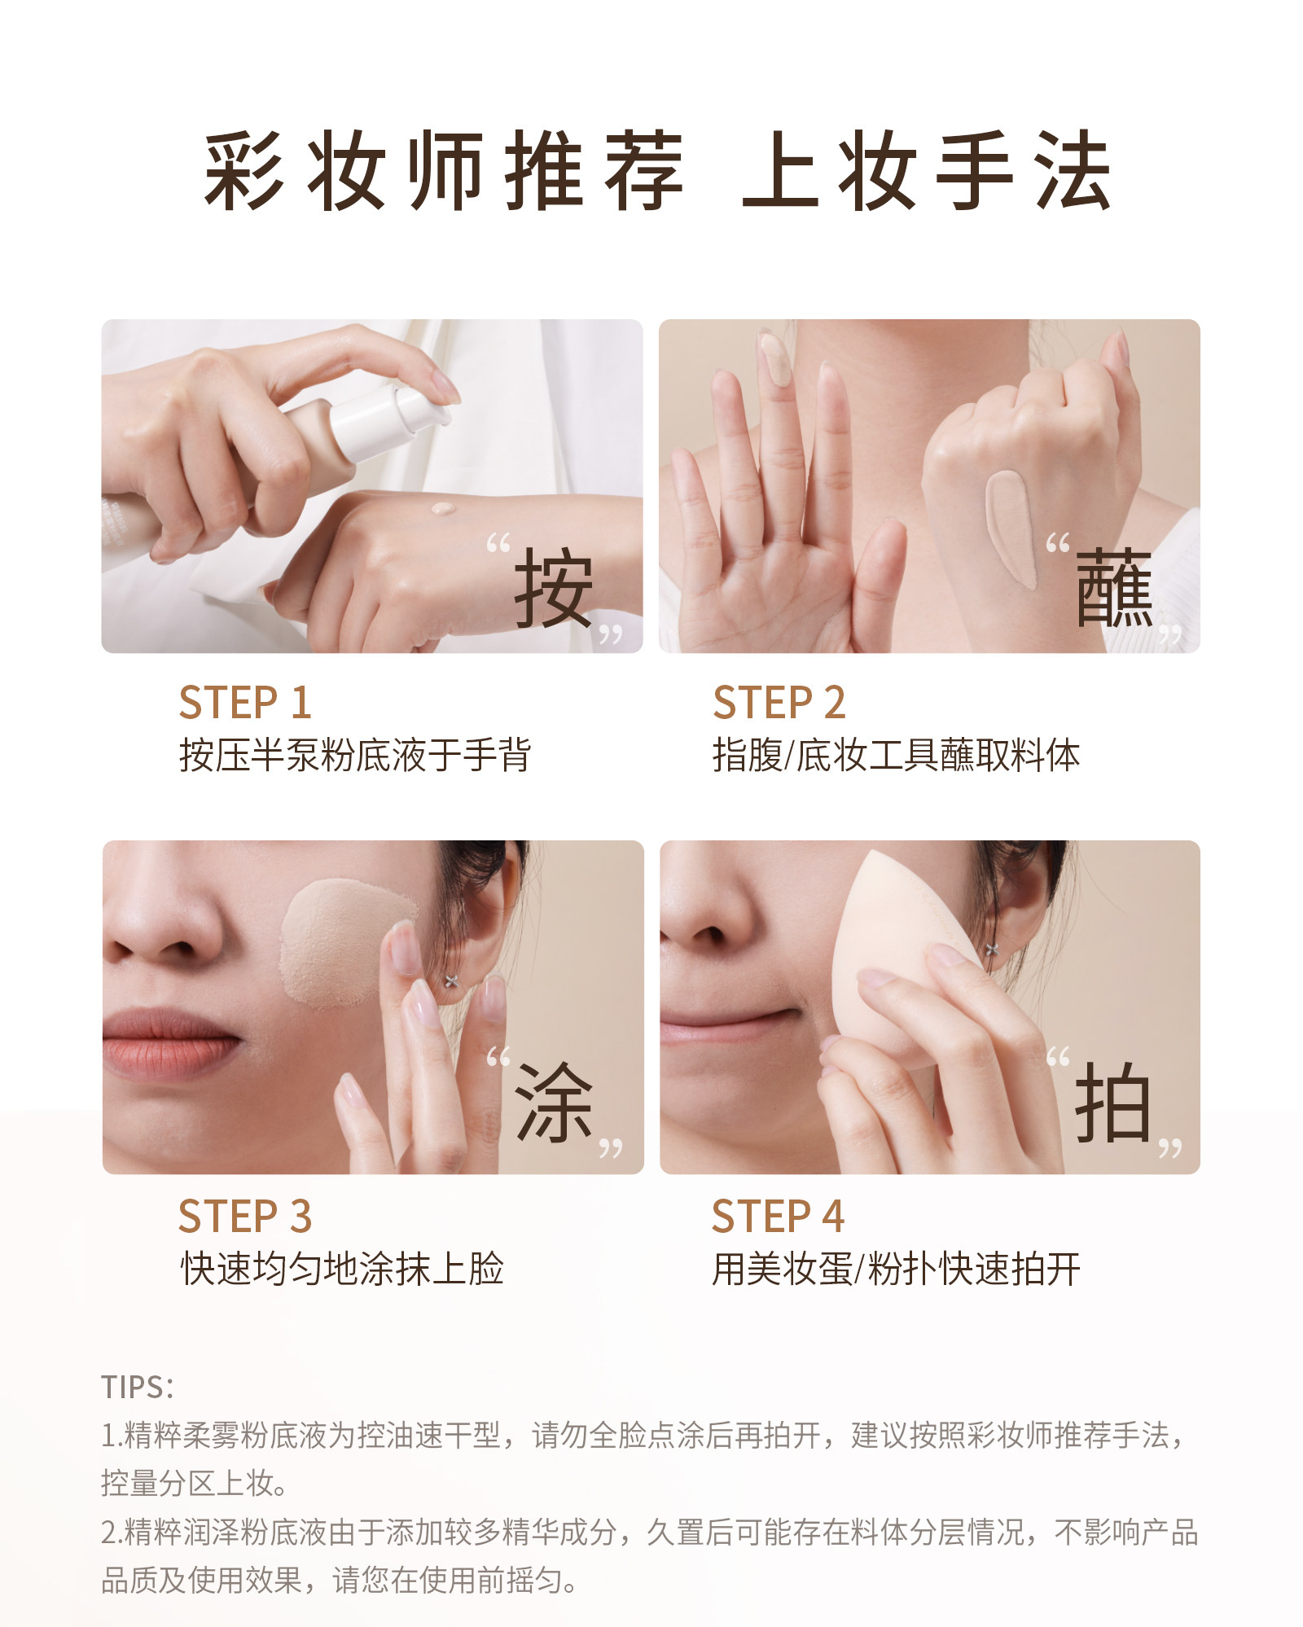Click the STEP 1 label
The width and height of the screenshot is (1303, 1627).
coord(245,703)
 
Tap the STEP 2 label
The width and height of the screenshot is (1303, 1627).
coord(779,703)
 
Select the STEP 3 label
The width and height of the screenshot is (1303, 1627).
coord(245,1217)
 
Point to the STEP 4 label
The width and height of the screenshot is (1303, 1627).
coord(778,1217)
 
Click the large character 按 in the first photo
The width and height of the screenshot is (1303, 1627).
coord(553,587)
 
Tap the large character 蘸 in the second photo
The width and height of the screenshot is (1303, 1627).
coord(1114,587)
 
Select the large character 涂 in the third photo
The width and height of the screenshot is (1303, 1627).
coord(555,1103)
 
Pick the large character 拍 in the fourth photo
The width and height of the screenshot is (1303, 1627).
coord(1112,1103)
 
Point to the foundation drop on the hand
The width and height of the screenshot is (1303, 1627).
coord(443,509)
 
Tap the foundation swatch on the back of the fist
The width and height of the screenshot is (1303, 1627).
coord(1012,529)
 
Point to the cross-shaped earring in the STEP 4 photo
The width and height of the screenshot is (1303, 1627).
coord(992,949)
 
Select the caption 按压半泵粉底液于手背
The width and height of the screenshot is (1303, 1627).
coord(355,755)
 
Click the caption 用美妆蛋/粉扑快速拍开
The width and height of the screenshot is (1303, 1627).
coord(896,1269)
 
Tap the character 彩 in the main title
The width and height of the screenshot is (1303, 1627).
coord(243,172)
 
